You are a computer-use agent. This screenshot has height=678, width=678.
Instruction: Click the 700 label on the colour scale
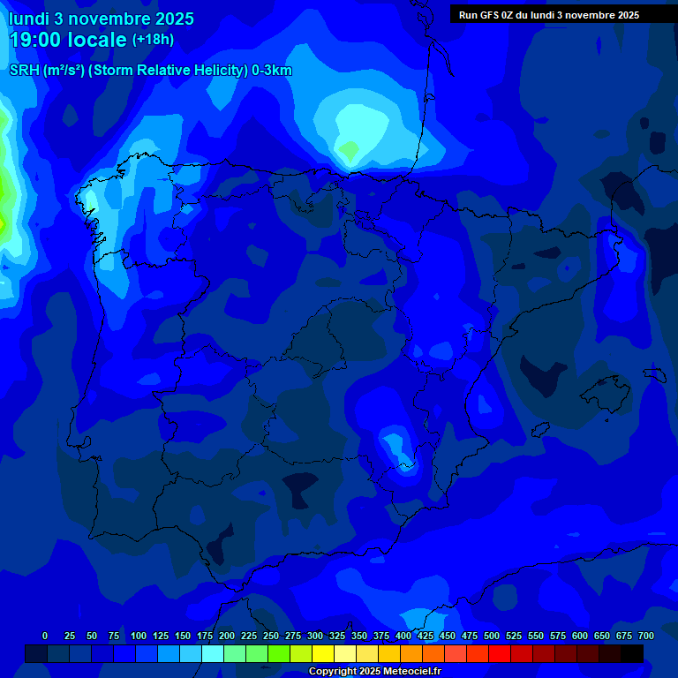pyautogui.click(x=646, y=636)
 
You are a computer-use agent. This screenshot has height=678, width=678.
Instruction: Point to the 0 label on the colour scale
pyautogui.click(x=45, y=636)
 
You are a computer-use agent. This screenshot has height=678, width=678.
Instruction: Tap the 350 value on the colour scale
pyautogui.click(x=359, y=636)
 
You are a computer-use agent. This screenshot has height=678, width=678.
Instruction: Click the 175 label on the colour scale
pyautogui.click(x=205, y=636)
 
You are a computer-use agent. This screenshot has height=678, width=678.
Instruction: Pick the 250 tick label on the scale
pyautogui.click(x=271, y=636)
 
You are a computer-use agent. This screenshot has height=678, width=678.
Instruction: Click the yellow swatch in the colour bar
pyautogui.click(x=322, y=653)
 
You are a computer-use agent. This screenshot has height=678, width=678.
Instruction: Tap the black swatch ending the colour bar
pyautogui.click(x=632, y=653)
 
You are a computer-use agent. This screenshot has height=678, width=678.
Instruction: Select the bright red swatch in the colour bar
pyautogui.click(x=499, y=653)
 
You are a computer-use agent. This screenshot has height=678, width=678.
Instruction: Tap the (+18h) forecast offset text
pyautogui.click(x=154, y=40)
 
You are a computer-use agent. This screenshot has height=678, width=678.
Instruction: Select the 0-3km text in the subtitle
pyautogui.click(x=271, y=71)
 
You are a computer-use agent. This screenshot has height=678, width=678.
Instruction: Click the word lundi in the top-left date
pyautogui.click(x=29, y=18)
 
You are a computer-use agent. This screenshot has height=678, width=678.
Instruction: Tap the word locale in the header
pyautogui.click(x=98, y=40)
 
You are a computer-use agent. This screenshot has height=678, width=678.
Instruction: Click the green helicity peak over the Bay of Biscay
pyautogui.click(x=350, y=151)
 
